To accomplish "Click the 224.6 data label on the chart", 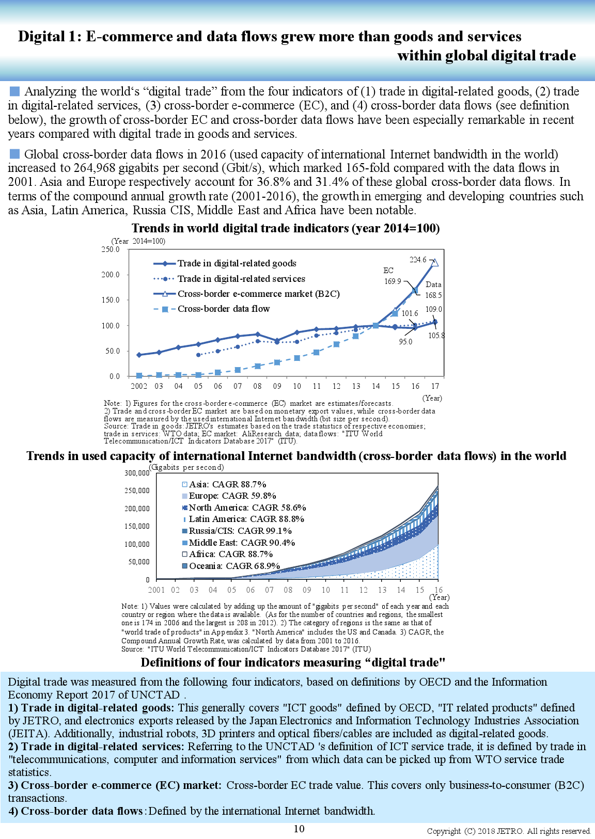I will coord(418,260).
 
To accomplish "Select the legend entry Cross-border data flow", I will coord(223,309).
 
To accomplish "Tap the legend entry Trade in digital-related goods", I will coord(237,263).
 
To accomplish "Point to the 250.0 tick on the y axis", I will coord(111,249).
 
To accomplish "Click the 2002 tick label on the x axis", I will coord(138,386).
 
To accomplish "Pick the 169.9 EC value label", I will coord(393,281).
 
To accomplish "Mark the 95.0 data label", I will coord(405,342).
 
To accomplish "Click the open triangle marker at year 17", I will coord(435,262).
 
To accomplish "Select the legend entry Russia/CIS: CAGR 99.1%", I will coord(240,531).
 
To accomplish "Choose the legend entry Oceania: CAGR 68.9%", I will coord(234,566).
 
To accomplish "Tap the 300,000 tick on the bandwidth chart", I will coord(137,473).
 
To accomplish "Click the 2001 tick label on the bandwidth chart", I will coord(156,590).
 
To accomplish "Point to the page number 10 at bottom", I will coord(299,829).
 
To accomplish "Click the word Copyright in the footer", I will coord(444,831).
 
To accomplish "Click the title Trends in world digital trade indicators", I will coord(285,228).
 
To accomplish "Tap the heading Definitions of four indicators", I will coord(293,662).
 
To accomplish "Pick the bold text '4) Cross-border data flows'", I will coord(75,811).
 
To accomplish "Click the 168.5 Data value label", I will coord(433,295).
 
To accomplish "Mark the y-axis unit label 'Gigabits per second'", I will coord(187,467).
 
